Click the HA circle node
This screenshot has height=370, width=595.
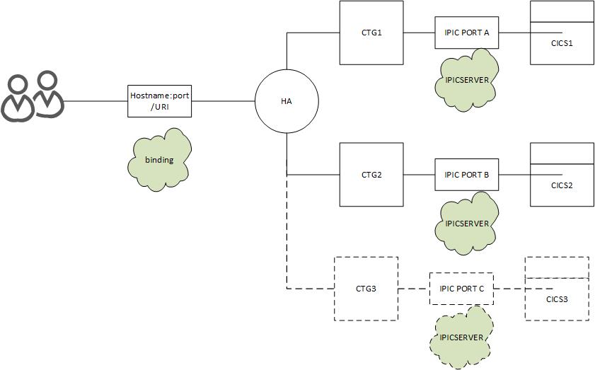click(286, 102)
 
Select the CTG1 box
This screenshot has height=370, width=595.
click(371, 33)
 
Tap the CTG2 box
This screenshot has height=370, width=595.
click(371, 175)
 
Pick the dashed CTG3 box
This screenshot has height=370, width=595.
click(366, 289)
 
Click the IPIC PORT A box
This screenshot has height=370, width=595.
click(466, 33)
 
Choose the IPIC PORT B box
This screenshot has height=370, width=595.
click(466, 175)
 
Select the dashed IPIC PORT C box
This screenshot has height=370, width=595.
click(461, 289)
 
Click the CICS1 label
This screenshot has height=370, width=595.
click(562, 44)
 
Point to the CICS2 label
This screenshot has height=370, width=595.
click(562, 185)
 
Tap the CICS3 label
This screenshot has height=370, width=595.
click(557, 299)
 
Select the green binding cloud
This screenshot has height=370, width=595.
click(159, 159)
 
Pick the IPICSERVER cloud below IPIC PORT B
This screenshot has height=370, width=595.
click(467, 224)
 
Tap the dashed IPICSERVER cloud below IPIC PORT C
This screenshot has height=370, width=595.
click(461, 337)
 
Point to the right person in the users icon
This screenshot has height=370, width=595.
click(47, 96)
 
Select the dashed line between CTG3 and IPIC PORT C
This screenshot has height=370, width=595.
click(414, 289)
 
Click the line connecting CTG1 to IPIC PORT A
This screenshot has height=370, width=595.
click(419, 33)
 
